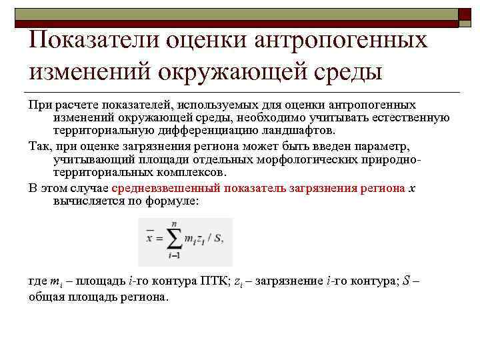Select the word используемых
pyautogui.click(x=213, y=105)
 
